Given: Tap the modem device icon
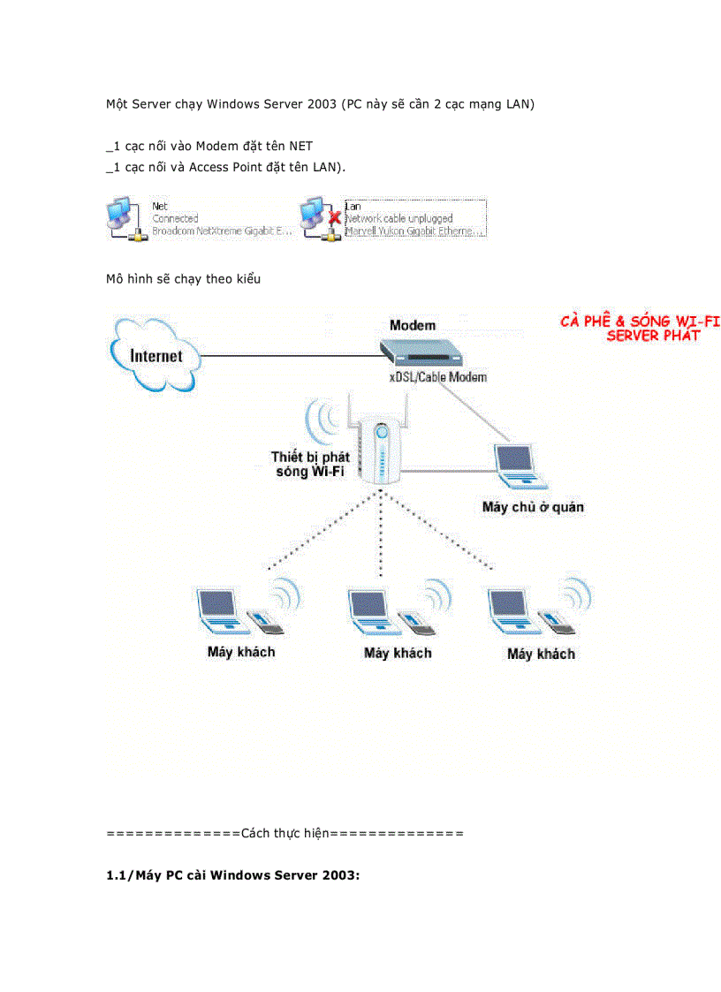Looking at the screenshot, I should click(421, 352).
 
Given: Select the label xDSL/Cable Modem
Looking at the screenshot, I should click(438, 377).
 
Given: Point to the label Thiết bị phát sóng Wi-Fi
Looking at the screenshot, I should click(310, 465).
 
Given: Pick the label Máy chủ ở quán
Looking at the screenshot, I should click(533, 507).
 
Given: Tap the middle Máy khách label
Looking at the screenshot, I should click(398, 653).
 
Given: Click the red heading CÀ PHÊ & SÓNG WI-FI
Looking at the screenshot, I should click(640, 322).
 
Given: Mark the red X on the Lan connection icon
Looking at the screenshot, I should click(334, 218).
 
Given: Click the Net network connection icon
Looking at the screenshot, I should click(125, 219).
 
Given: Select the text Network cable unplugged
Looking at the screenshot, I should click(398, 218).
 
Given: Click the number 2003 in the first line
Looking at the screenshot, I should click(323, 104).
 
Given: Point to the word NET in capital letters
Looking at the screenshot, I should click(300, 146).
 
